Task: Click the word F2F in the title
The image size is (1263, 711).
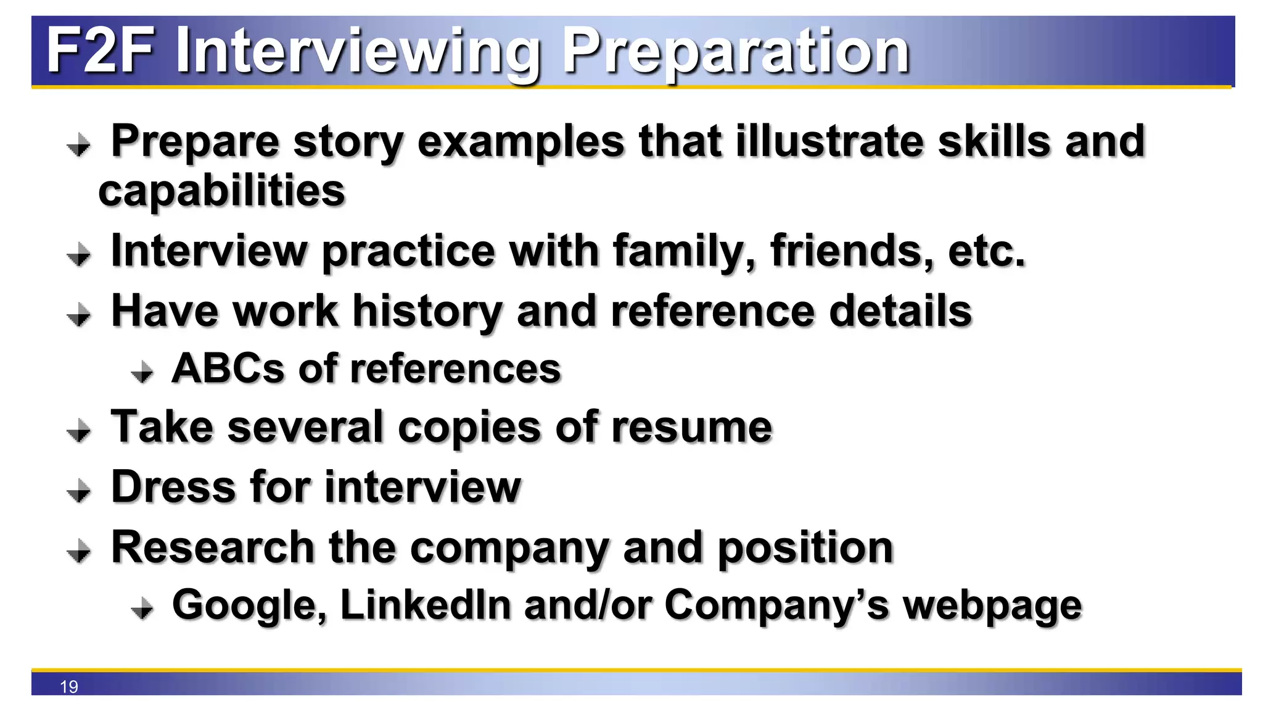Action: click(x=101, y=51)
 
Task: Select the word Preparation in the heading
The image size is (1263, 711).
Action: click(x=735, y=52)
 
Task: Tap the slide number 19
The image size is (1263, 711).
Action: click(x=69, y=686)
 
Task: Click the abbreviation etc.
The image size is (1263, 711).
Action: click(x=987, y=251)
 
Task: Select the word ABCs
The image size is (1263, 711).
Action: click(x=228, y=368)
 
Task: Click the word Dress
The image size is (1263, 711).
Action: click(x=174, y=487)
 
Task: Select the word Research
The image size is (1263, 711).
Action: click(x=213, y=547)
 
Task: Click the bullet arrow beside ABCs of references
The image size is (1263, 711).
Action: click(x=142, y=372)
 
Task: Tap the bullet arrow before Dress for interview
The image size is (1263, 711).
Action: click(x=79, y=491)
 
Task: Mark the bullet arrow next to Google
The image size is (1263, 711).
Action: click(x=142, y=608)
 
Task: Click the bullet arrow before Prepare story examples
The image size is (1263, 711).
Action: click(x=79, y=146)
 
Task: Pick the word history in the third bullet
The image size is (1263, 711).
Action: click(x=427, y=312)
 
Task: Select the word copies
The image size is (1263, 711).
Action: click(x=469, y=428)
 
